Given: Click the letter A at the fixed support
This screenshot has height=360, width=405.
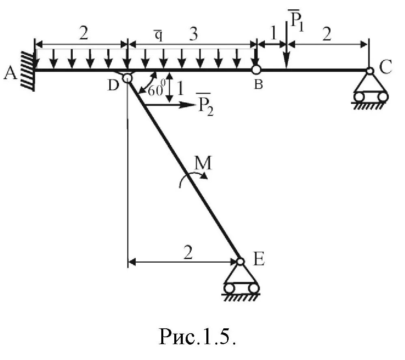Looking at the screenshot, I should [x=10, y=73].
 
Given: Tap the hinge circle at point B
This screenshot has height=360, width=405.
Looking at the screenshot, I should [x=256, y=69].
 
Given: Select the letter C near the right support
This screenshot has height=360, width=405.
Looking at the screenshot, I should [x=386, y=67].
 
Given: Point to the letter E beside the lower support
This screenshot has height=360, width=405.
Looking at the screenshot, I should [x=258, y=259].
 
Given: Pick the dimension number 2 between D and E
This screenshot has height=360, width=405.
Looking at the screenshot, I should [x=187, y=253].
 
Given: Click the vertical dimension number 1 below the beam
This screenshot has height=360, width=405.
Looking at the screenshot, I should [x=180, y=88].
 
